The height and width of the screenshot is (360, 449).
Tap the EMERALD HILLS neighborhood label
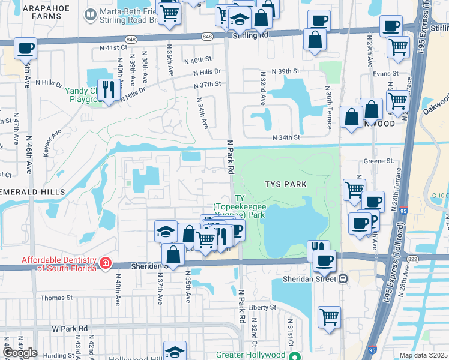33,191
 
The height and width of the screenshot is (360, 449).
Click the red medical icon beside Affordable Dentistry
106,262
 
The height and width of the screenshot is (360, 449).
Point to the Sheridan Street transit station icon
343,278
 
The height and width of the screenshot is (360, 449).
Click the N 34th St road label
286,137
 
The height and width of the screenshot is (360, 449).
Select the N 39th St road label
285,71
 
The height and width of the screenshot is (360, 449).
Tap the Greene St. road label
379,161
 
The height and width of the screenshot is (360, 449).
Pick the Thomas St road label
56,297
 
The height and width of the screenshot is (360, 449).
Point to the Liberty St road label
261,307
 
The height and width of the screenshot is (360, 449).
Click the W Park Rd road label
70,328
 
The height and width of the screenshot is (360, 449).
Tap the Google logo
20,353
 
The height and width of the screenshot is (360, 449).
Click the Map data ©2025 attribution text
423,355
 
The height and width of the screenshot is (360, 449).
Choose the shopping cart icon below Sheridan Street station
328,316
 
